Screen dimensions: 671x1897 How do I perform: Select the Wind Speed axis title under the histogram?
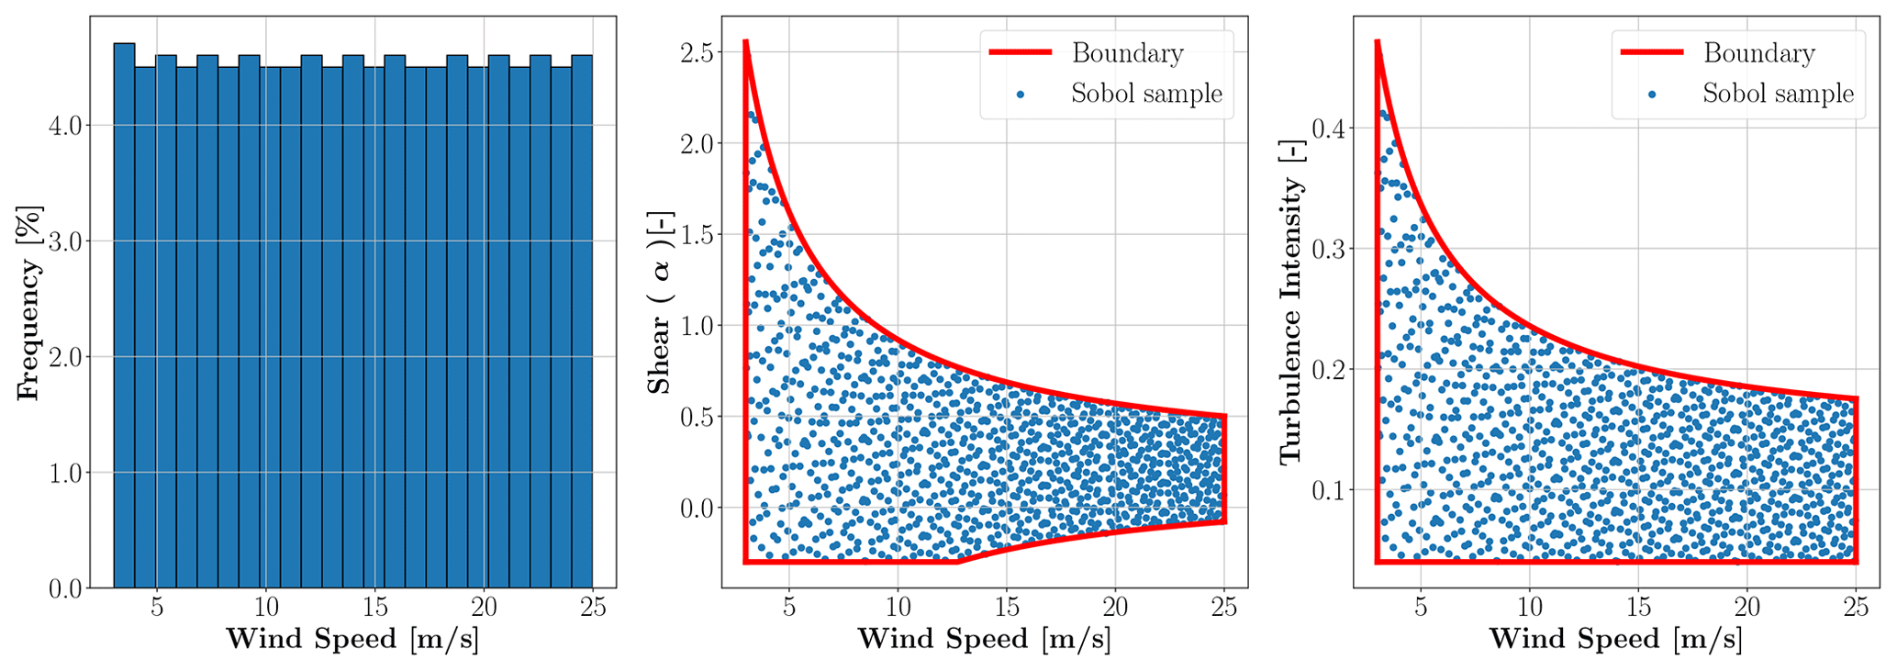point(352,640)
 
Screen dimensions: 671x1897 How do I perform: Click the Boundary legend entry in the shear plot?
point(1127,53)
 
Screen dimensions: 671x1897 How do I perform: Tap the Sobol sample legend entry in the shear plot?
point(1145,94)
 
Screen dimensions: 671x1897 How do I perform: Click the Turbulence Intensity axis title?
point(1291,321)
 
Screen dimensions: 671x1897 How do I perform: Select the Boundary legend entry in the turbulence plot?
point(1758,53)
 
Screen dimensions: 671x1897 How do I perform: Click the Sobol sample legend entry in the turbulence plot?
point(1778,94)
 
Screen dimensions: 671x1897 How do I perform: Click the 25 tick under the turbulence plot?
point(1856,608)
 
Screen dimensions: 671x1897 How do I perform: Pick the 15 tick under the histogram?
point(374,608)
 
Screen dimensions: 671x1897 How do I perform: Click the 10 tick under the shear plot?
point(898,608)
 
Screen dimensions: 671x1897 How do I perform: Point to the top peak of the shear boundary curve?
point(745,41)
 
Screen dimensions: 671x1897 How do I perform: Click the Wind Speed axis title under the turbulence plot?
point(1615,640)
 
